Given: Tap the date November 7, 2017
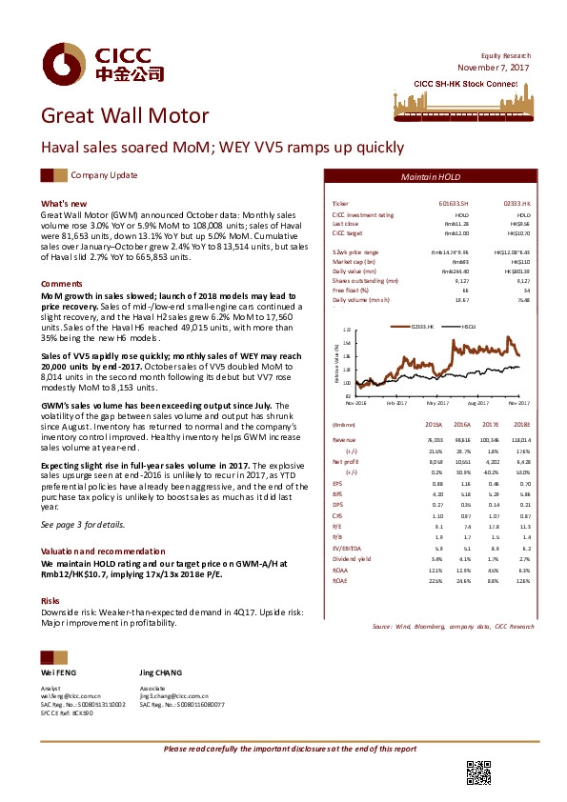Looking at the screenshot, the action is click(492, 69).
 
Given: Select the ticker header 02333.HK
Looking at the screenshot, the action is click(516, 205).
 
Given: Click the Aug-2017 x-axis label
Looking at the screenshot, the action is click(478, 404).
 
